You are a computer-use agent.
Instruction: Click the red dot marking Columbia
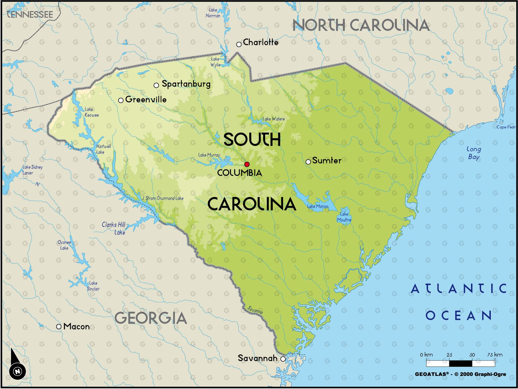click(247, 164)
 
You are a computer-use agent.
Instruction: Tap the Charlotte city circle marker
click(239, 44)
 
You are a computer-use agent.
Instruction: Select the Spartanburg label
click(186, 84)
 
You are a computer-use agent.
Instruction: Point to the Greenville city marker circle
click(121, 100)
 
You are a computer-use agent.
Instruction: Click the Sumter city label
click(326, 160)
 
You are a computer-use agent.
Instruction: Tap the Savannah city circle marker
click(283, 359)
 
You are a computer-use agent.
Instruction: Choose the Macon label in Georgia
click(76, 326)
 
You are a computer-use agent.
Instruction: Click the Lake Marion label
click(318, 206)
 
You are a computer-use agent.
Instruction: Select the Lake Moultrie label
click(344, 217)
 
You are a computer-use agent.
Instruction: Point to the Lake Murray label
click(209, 155)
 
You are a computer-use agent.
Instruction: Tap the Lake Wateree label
click(273, 119)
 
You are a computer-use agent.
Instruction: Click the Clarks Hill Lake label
click(114, 228)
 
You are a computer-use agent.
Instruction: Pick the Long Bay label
click(474, 153)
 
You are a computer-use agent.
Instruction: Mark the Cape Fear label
click(506, 127)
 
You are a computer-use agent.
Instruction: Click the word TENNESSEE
click(30, 14)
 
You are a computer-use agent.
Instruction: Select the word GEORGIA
click(150, 318)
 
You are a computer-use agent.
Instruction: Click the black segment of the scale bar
click(461, 363)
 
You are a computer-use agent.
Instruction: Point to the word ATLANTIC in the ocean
click(459, 289)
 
